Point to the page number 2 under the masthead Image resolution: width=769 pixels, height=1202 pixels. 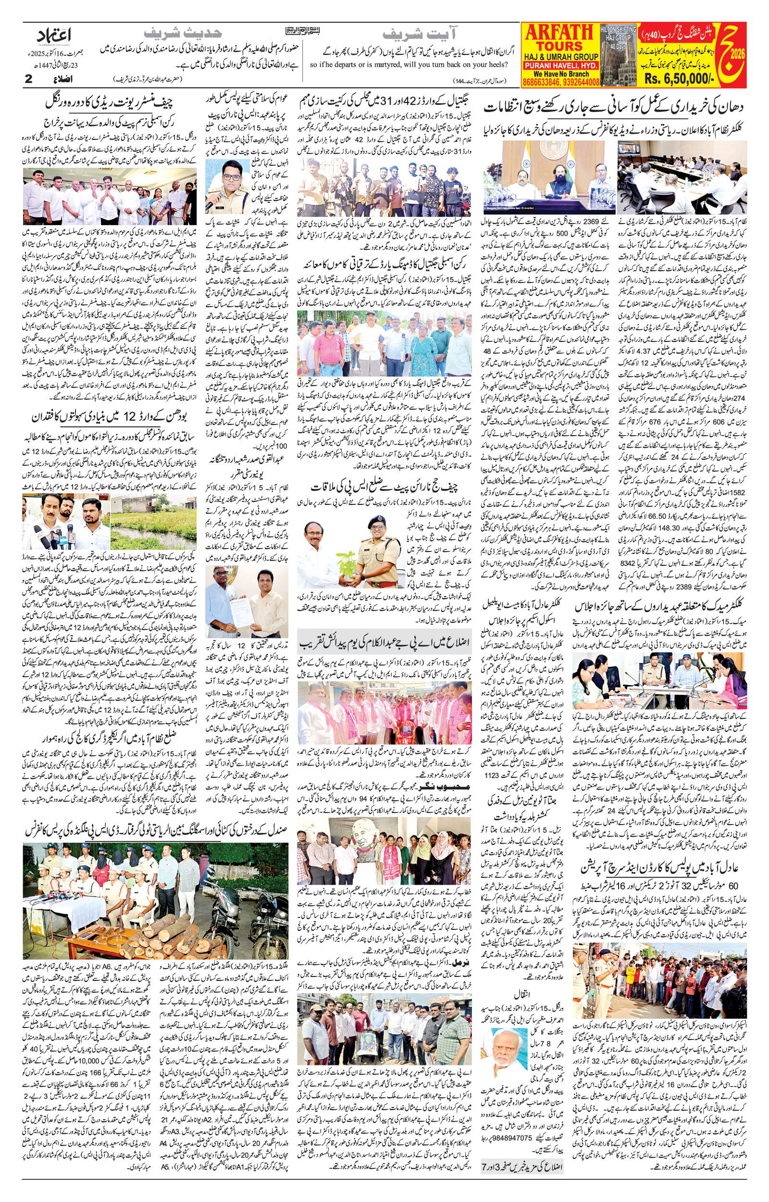tap(28, 79)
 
